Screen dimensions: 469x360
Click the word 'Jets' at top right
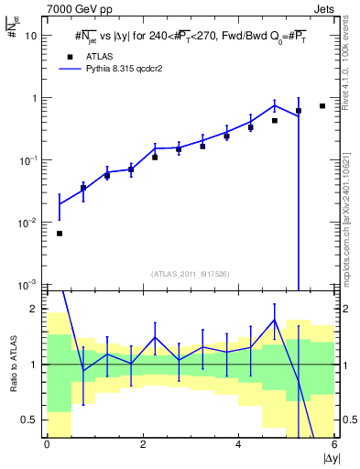[322, 8]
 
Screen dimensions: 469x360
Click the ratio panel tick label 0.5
[30, 420]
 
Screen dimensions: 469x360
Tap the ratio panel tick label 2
[34, 309]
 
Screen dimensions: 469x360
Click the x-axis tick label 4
[239, 444]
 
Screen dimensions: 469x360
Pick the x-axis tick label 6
[335, 444]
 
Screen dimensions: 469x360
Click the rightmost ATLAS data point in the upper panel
[322, 106]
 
